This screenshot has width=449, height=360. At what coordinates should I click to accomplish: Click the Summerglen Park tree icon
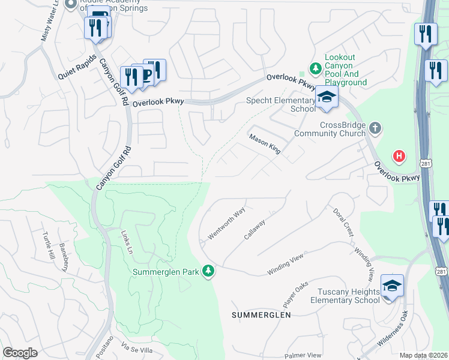click(208, 271)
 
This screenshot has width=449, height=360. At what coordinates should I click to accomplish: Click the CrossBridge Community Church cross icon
click(375, 128)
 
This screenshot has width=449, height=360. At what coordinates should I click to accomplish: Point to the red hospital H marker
click(398, 157)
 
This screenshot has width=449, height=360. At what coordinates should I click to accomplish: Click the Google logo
click(20, 352)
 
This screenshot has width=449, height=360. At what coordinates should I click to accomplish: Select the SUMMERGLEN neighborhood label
click(262, 314)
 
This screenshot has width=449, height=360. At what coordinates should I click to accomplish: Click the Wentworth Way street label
click(226, 223)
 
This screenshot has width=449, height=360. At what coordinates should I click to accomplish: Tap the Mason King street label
click(265, 143)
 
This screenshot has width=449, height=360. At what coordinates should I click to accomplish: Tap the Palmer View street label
click(303, 356)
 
